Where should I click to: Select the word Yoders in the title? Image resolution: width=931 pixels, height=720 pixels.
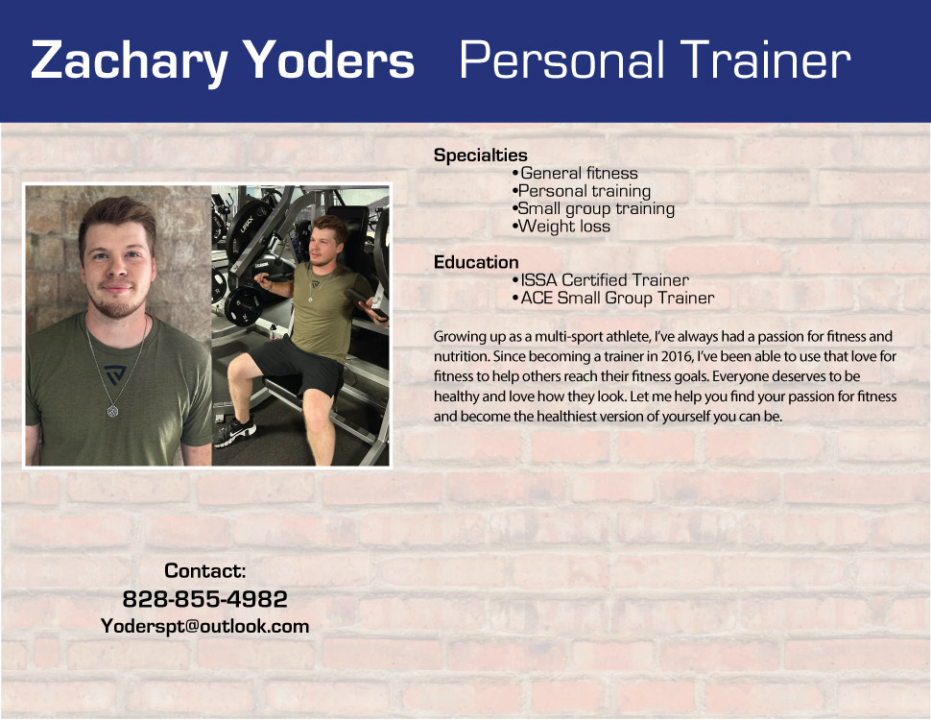[x=329, y=60]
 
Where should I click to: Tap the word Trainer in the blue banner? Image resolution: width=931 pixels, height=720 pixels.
[x=765, y=60]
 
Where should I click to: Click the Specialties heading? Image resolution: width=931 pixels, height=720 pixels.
[x=480, y=156]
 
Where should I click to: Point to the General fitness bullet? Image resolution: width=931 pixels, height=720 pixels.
[x=575, y=173]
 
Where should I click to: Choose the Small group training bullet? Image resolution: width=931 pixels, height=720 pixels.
[x=593, y=209]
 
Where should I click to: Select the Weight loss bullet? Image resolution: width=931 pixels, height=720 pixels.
[x=561, y=227]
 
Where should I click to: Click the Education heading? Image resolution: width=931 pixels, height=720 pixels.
[x=476, y=262]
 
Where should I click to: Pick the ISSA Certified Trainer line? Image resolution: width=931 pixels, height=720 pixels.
[x=600, y=279]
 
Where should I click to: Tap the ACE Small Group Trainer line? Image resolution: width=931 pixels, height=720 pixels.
[x=612, y=298]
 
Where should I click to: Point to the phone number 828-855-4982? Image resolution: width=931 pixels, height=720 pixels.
[x=204, y=599]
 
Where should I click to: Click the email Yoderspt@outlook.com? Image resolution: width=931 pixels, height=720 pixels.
[x=204, y=626]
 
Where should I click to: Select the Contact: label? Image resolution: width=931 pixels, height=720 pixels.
[x=204, y=571]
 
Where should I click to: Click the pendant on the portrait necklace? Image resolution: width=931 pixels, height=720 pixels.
[x=112, y=410]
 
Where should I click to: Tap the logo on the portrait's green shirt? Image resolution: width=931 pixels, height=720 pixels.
[x=115, y=375]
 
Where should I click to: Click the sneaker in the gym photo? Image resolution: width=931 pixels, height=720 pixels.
[x=234, y=432]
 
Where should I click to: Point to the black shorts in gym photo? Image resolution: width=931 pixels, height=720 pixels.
[x=297, y=367]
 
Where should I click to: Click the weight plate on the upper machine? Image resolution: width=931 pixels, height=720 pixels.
[x=247, y=225]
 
